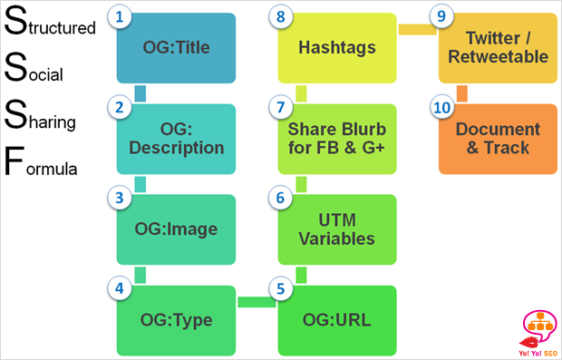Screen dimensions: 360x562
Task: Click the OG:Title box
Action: (176, 48)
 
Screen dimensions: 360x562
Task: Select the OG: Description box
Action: (176, 138)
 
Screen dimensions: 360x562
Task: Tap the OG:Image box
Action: (176, 229)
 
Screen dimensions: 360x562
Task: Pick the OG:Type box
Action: (176, 320)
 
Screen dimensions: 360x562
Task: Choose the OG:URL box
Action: (337, 320)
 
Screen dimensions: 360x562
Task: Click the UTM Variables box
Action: (337, 229)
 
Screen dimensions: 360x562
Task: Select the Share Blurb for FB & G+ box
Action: (337, 138)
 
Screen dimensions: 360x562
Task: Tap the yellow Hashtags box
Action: (337, 48)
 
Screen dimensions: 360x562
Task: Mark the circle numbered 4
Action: (119, 288)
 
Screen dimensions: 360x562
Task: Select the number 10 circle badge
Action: (441, 108)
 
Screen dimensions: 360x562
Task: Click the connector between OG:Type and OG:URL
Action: (257, 301)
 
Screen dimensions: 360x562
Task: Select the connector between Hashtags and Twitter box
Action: (417, 30)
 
